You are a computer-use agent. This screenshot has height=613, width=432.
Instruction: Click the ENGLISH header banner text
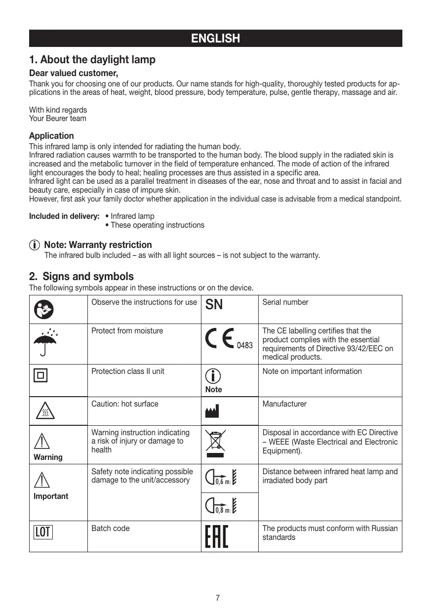(x=216, y=39)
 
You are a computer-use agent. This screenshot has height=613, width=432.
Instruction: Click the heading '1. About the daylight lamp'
(x=92, y=60)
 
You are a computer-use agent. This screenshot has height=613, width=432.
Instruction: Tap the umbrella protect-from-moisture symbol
(x=45, y=341)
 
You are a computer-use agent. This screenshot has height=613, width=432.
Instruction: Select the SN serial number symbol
(x=214, y=305)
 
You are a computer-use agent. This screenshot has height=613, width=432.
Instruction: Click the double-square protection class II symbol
(x=40, y=376)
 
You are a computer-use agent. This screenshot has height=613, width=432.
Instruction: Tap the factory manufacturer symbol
(x=212, y=410)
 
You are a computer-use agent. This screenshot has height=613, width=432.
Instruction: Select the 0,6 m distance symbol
(x=223, y=478)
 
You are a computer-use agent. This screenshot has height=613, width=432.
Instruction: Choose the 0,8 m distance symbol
(x=223, y=506)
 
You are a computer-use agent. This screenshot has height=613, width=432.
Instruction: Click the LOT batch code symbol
(x=43, y=531)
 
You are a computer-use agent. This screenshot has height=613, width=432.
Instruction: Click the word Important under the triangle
(x=51, y=496)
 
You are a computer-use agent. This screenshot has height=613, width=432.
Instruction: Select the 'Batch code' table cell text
(x=111, y=529)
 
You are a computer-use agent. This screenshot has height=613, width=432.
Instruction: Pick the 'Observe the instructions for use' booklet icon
(x=44, y=309)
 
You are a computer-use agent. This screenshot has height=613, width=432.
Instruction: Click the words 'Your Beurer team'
(x=58, y=119)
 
